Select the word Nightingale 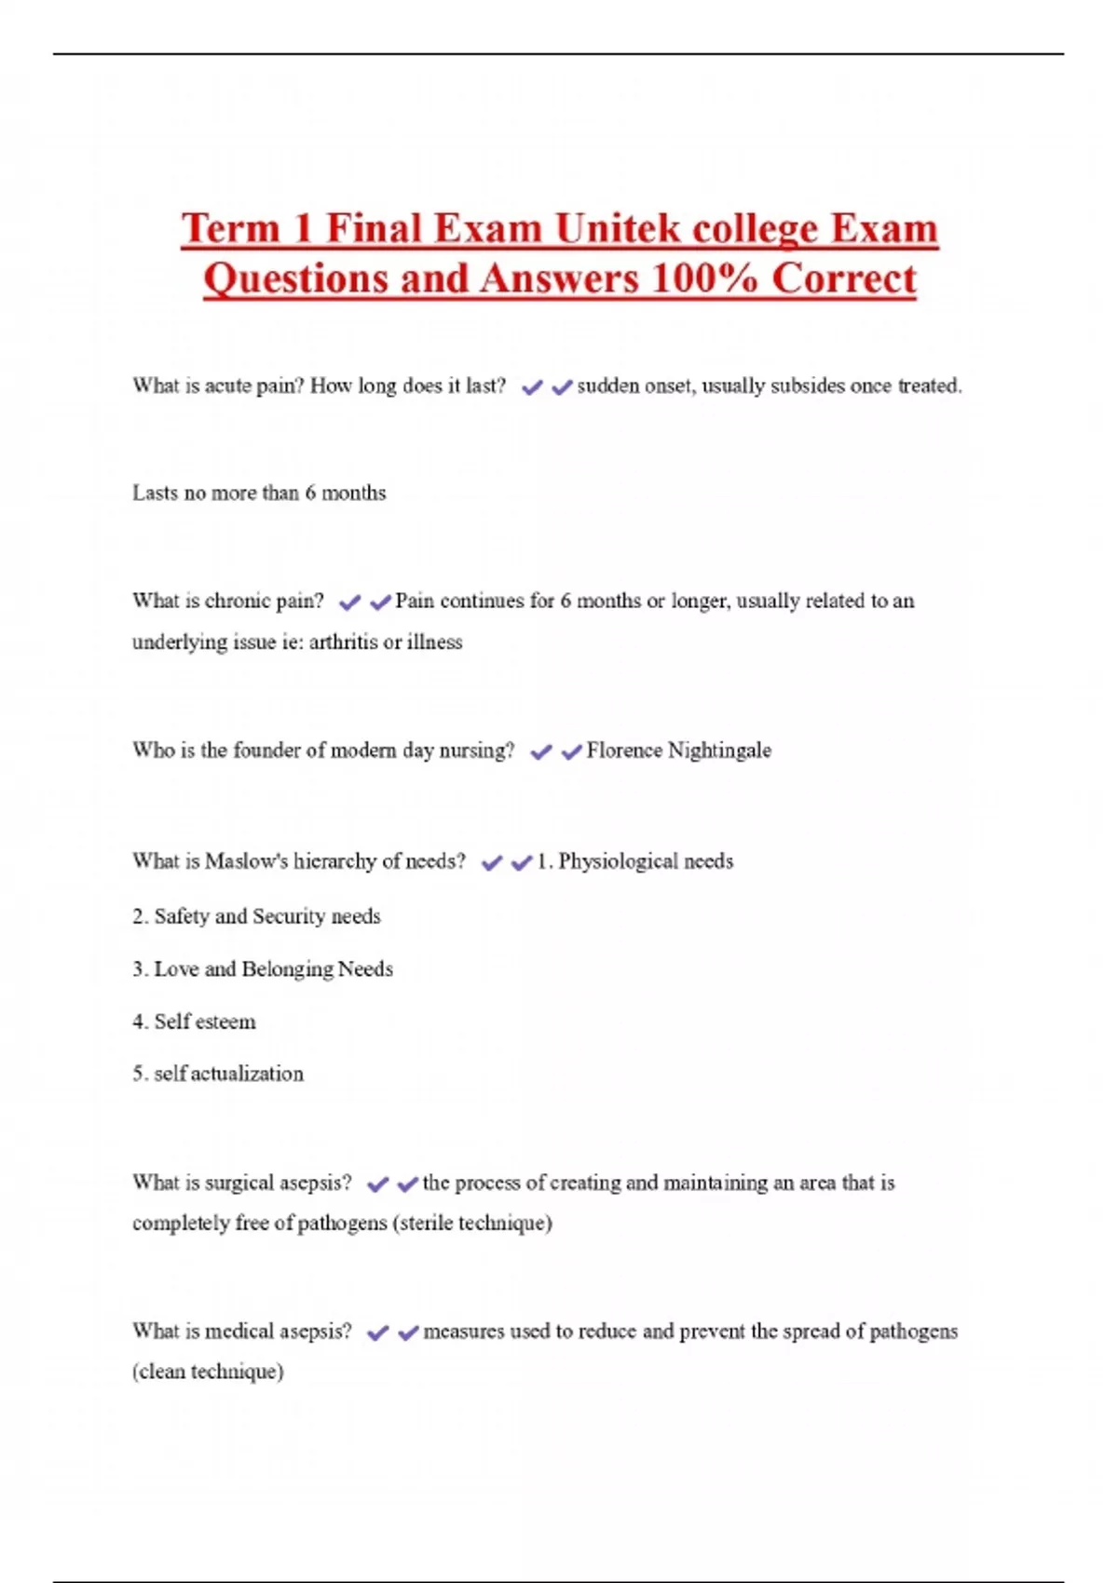click(719, 751)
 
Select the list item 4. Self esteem click(194, 1022)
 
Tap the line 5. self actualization click(218, 1074)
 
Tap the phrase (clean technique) click(208, 1372)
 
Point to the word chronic click(241, 601)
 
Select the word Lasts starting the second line click(155, 493)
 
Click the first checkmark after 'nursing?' click(540, 751)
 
